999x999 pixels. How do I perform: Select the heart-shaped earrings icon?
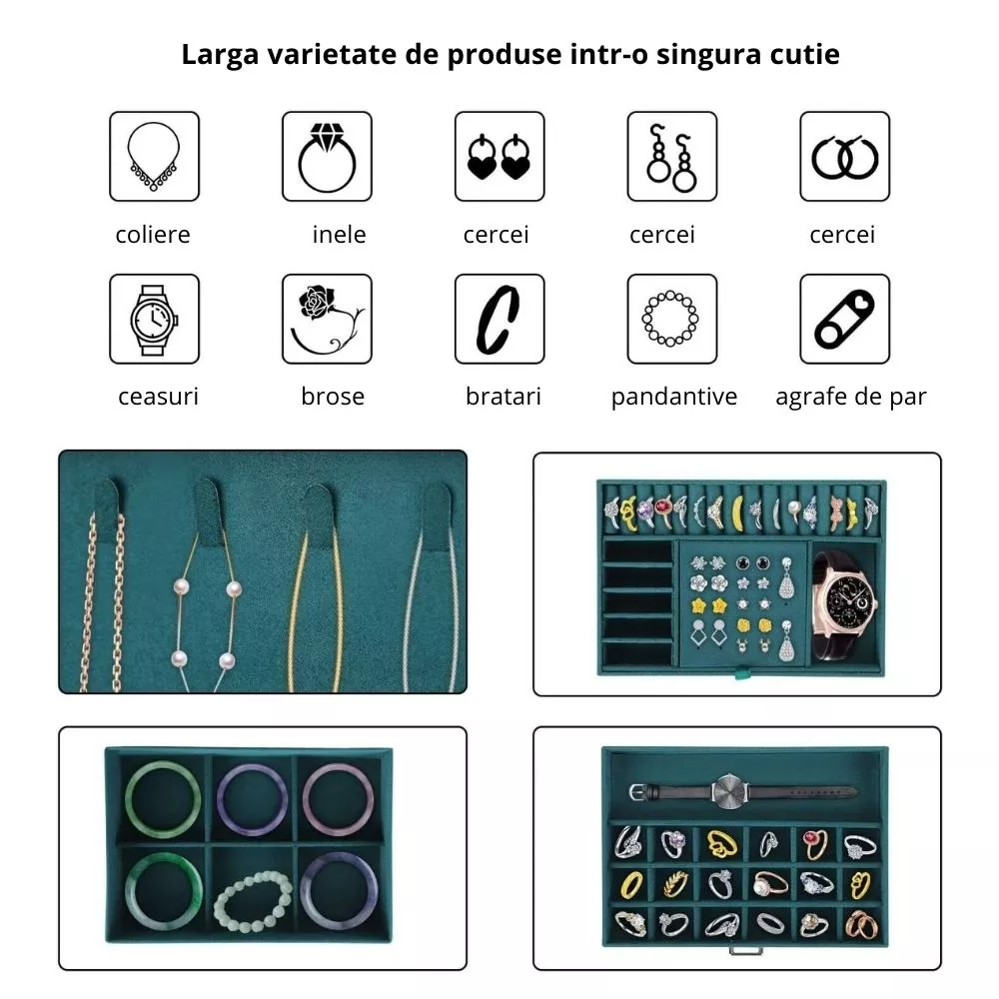click(x=499, y=157)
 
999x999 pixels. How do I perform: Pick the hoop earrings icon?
click(x=845, y=157)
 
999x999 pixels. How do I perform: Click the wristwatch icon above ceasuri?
click(x=154, y=320)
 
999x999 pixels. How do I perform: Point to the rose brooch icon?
click(x=327, y=320)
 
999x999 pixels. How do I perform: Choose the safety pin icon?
click(x=845, y=320)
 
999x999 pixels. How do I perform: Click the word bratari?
click(x=503, y=397)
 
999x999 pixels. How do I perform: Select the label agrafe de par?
click(x=850, y=397)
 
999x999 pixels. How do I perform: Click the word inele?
click(x=339, y=235)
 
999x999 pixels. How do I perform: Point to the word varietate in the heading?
click(x=332, y=54)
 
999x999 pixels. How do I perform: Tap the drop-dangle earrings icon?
click(x=671, y=158)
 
